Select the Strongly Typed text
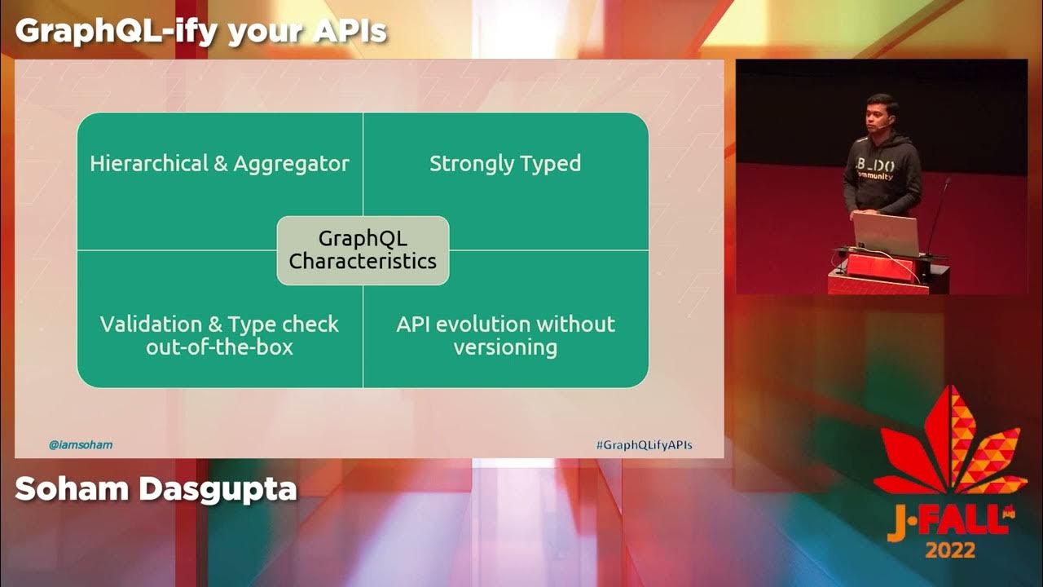coord(505,163)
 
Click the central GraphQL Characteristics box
coord(363,250)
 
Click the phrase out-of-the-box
coord(219,347)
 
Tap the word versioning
coord(505,347)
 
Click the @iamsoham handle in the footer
coord(81,445)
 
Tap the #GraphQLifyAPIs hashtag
coord(644,445)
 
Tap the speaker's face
coord(882,115)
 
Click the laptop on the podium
coord(886,235)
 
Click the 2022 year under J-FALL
coord(950,550)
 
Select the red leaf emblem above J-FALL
coord(950,444)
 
